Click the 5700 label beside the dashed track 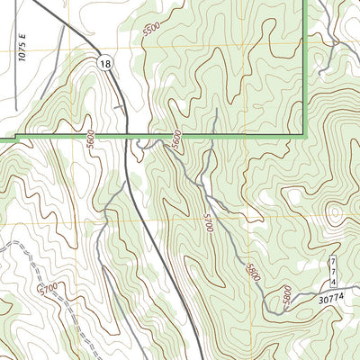(x=49, y=289)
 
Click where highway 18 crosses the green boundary (x=125, y=136)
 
